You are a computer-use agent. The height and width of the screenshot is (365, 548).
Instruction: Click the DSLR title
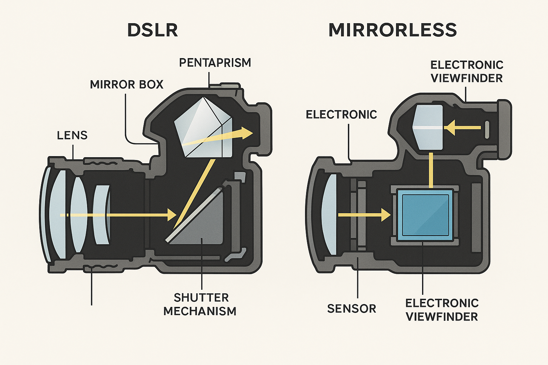(x=152, y=30)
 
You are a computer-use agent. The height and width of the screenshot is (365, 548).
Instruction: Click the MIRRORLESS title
(x=392, y=30)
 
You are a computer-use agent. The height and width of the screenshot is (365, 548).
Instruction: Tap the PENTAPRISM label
(x=215, y=63)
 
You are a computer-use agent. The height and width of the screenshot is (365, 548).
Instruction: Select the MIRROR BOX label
(x=127, y=84)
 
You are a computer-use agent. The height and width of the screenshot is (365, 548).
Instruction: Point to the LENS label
(x=72, y=135)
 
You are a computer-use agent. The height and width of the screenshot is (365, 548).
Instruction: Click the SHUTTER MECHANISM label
(x=200, y=304)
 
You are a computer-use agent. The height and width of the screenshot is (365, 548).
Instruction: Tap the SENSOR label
(x=351, y=309)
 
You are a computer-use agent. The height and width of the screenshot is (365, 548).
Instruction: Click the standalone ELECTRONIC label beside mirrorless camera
(x=341, y=114)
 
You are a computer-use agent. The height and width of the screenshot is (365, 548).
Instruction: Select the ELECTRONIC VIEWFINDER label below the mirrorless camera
(x=442, y=310)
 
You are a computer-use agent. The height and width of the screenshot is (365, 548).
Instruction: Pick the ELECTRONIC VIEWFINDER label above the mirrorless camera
(x=467, y=71)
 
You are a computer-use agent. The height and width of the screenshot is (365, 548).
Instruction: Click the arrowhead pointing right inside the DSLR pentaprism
(x=246, y=133)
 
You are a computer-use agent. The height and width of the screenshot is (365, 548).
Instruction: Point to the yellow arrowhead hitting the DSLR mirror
(x=171, y=215)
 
